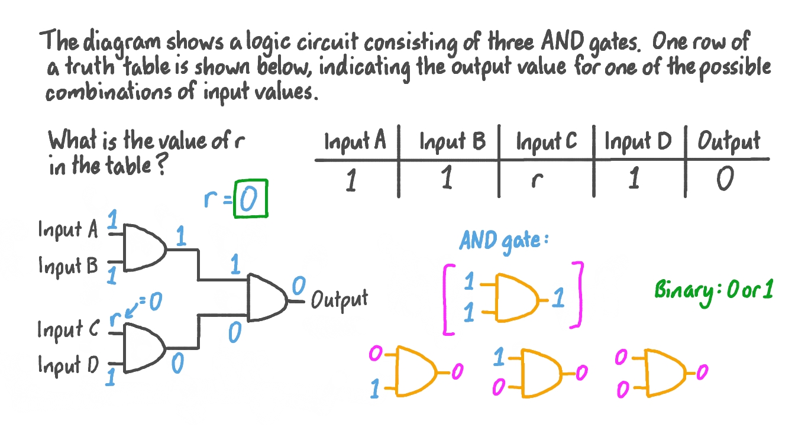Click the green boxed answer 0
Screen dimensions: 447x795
pyautogui.click(x=251, y=199)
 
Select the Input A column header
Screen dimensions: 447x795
pyautogui.click(x=355, y=142)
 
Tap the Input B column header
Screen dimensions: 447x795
pyautogui.click(x=452, y=142)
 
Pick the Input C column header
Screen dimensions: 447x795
pyautogui.click(x=546, y=142)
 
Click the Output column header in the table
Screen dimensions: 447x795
pyautogui.click(x=728, y=142)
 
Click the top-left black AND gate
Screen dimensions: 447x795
pyautogui.click(x=144, y=247)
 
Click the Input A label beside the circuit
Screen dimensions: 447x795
pyautogui.click(x=68, y=229)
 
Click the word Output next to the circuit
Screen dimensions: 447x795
pyautogui.click(x=339, y=299)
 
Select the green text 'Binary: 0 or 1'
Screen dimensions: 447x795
pyautogui.click(x=713, y=291)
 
